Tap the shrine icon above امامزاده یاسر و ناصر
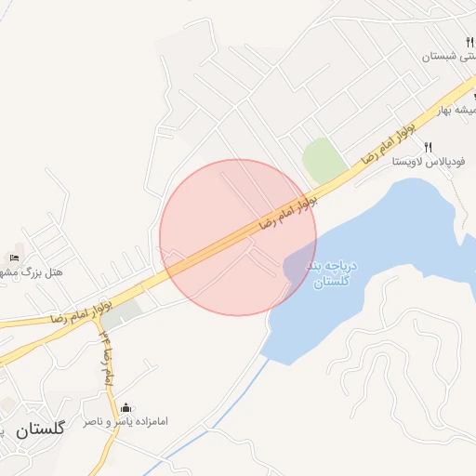126,407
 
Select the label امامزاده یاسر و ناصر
126,422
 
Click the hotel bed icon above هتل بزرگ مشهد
14,258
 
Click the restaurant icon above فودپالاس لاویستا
429,147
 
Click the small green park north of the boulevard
322,160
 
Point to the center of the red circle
238,237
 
